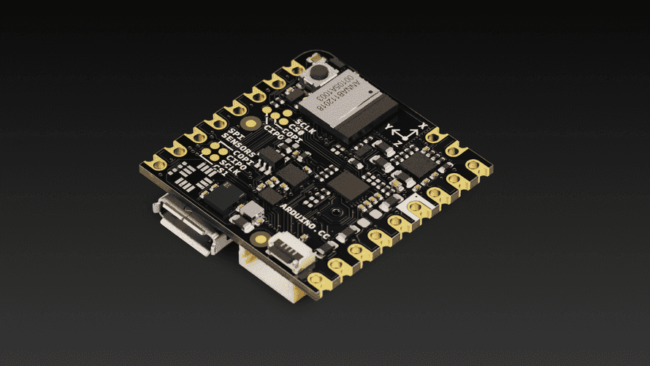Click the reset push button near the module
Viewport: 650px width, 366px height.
tap(320, 72)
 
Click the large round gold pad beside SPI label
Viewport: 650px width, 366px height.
tap(251, 125)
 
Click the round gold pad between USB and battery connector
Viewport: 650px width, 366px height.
tap(259, 236)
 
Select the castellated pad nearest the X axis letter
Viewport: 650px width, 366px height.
tap(437, 135)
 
